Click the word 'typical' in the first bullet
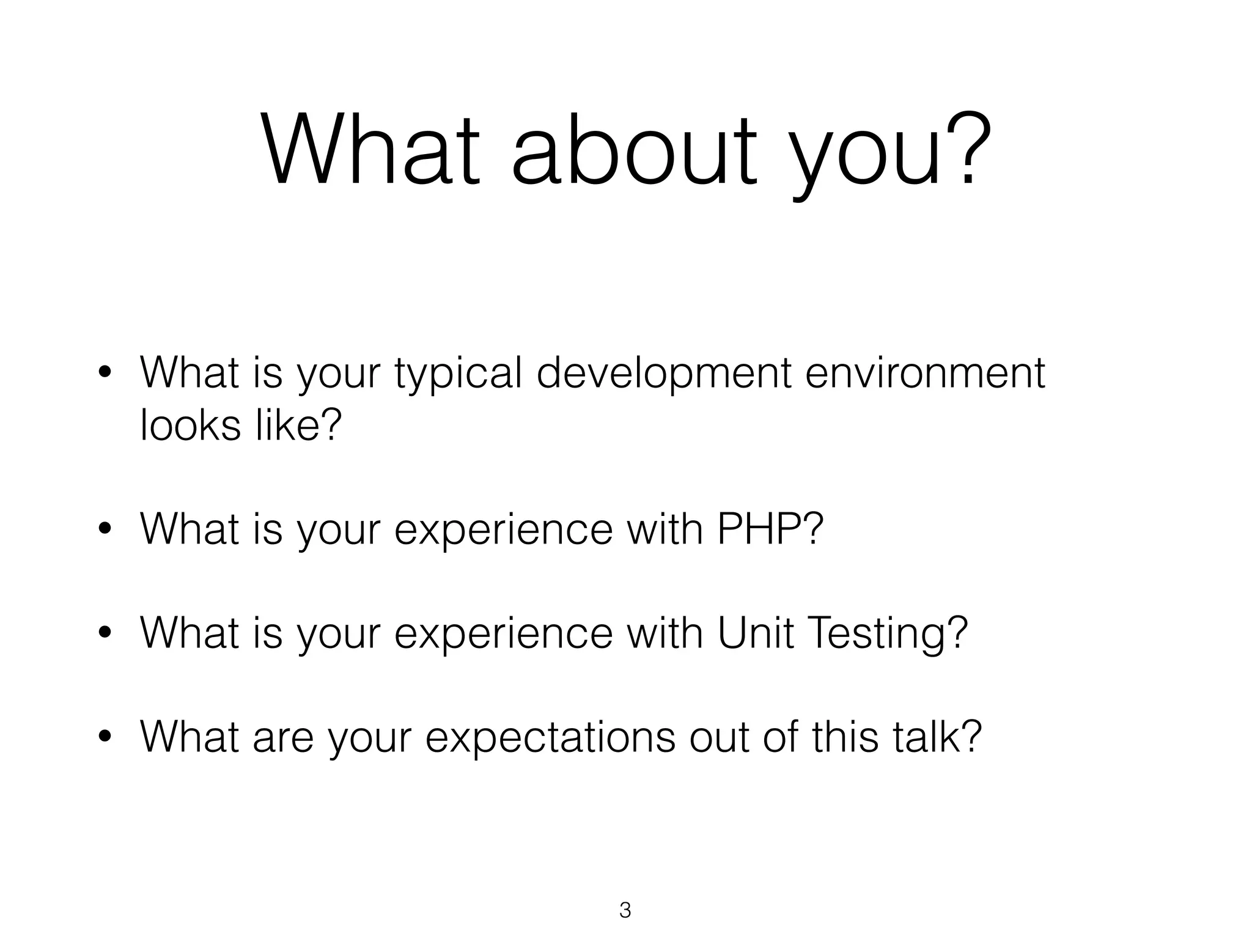[458, 374]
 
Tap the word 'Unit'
[755, 633]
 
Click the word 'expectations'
[550, 738]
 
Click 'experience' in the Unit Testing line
[503, 634]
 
